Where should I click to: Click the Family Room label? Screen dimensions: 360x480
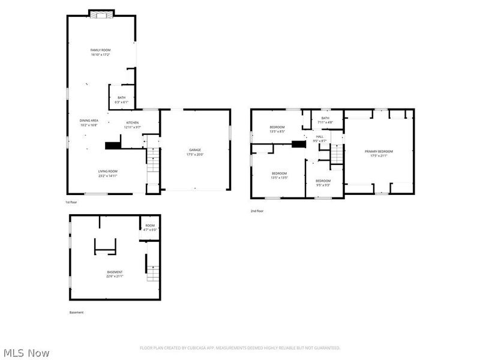[100, 52]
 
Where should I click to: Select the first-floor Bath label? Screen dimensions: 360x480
[122, 100]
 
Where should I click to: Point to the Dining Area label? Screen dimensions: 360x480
[88, 122]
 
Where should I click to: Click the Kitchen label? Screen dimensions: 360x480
[132, 125]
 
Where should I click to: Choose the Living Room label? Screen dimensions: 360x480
[108, 173]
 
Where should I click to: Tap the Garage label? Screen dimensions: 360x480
[195, 152]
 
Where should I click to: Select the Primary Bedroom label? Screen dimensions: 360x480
[379, 154]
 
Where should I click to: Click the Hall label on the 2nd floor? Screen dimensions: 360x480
[320, 139]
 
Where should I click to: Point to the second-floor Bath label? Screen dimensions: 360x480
[325, 120]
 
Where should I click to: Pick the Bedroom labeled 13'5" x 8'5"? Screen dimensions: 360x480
[277, 129]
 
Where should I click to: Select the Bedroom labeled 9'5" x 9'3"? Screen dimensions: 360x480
[323, 182]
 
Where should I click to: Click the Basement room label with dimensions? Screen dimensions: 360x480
[115, 274]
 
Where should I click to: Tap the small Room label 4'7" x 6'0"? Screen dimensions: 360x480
[149, 227]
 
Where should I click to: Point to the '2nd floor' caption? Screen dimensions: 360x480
[257, 211]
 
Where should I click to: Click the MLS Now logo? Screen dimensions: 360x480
[26, 353]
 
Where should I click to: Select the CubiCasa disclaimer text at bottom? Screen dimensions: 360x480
[240, 348]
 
